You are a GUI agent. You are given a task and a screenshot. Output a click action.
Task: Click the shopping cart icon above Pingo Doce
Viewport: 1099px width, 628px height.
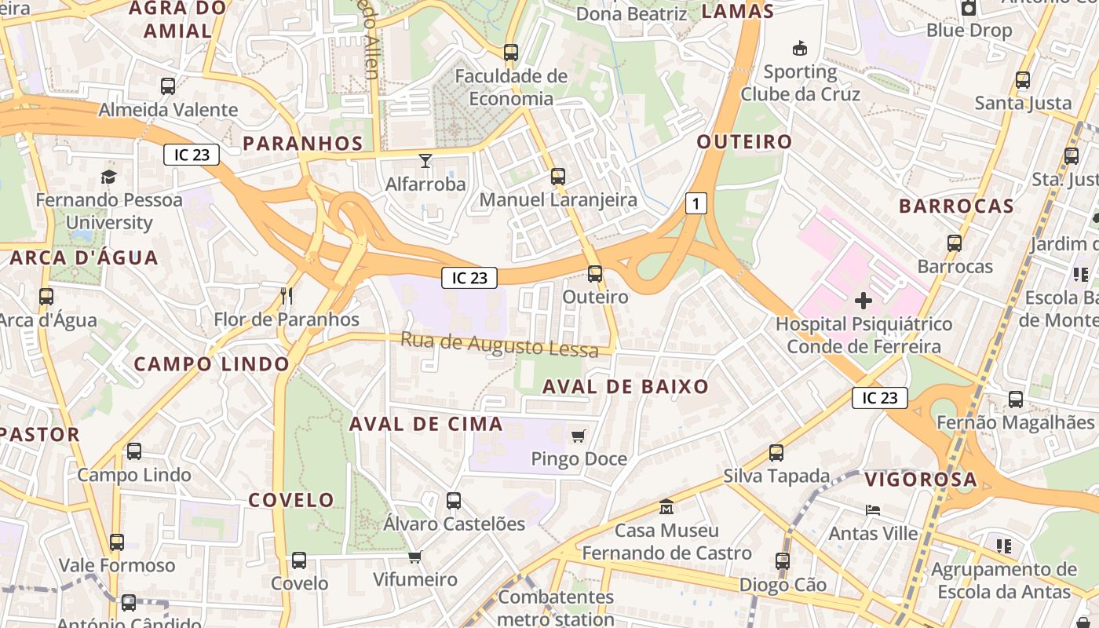[x=579, y=436]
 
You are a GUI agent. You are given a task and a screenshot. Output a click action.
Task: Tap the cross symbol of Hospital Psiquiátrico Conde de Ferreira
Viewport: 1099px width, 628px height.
[x=863, y=300]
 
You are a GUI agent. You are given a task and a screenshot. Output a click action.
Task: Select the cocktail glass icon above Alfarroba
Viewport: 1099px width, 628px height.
[x=425, y=161]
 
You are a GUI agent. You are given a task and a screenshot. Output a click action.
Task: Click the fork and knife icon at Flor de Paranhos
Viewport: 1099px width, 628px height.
[x=287, y=296]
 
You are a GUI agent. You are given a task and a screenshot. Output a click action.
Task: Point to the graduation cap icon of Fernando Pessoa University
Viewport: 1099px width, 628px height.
[x=108, y=177]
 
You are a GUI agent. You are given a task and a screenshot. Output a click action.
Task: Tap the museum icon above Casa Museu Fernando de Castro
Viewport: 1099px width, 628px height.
[x=666, y=507]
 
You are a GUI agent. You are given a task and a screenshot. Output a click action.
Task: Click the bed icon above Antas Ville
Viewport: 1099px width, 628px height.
[x=873, y=510]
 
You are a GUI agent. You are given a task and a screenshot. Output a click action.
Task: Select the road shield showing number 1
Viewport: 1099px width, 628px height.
[x=696, y=203]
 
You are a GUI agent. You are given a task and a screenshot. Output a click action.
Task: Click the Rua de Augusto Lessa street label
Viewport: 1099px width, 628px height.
[x=499, y=345]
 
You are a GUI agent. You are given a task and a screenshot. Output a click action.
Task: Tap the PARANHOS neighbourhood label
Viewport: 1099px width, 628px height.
[x=303, y=144]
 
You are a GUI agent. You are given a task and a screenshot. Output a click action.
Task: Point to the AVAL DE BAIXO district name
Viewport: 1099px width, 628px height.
[x=626, y=386]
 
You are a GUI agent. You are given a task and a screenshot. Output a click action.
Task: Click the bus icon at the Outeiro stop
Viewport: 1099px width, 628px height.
[x=595, y=274]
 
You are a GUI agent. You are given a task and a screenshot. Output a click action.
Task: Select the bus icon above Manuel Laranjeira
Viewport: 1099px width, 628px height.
[x=558, y=177]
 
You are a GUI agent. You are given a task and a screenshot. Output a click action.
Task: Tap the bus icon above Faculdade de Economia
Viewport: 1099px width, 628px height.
[x=511, y=53]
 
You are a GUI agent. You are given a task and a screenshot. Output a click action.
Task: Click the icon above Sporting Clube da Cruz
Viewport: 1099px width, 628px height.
[x=800, y=49]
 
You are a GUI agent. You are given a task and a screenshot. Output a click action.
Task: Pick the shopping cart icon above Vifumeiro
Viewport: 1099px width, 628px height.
[x=414, y=557]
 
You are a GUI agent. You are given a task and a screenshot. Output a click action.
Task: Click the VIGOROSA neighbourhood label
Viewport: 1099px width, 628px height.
[x=921, y=480]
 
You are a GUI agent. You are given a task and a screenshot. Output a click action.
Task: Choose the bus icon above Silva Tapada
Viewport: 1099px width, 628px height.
[x=776, y=453]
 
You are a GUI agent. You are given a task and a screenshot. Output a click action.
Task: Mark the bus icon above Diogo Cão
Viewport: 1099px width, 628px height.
[x=783, y=561]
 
